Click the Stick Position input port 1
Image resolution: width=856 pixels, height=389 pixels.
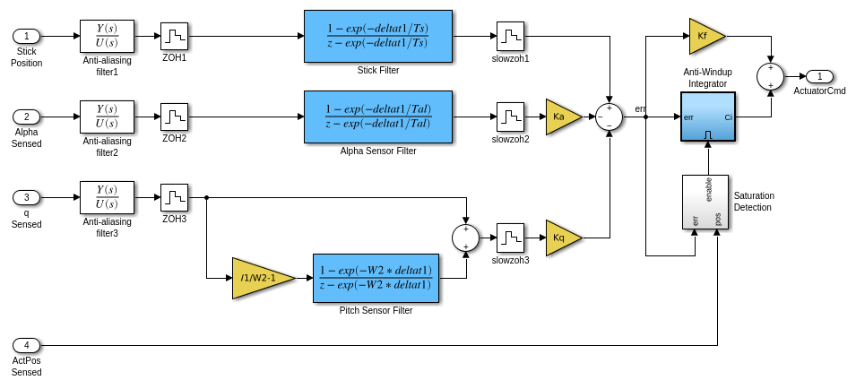tap(26, 36)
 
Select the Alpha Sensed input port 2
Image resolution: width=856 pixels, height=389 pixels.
tap(26, 117)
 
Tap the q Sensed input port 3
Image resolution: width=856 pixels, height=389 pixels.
tap(26, 197)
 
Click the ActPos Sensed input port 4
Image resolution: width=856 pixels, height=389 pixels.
tap(26, 345)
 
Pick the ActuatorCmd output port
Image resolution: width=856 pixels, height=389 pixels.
tap(819, 76)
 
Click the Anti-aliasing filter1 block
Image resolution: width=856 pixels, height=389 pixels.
tap(107, 36)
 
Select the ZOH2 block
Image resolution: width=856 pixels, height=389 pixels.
tap(174, 117)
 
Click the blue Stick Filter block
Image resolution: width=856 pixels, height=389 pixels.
tap(377, 36)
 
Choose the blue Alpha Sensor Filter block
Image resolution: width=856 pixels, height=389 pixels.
tap(377, 117)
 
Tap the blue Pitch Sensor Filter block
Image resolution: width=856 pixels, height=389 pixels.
tap(376, 278)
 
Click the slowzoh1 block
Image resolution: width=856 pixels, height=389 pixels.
tap(510, 36)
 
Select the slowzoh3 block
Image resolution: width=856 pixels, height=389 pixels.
tap(510, 238)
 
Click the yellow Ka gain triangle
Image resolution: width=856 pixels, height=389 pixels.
tap(561, 117)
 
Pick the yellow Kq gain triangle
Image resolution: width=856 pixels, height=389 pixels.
tap(561, 238)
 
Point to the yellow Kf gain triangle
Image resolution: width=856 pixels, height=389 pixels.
tap(705, 36)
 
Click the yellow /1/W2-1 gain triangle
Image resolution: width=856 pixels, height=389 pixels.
tap(260, 278)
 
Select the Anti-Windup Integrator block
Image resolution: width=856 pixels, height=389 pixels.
tap(707, 117)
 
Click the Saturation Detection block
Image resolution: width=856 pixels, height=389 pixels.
tap(705, 202)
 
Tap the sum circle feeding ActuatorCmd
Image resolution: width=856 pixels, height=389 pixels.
tap(770, 76)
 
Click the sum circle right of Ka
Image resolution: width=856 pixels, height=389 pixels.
tap(609, 117)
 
